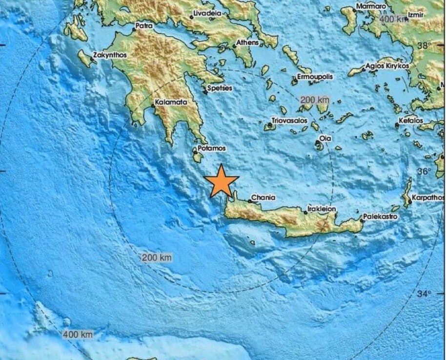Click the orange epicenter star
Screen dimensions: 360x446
tap(222, 181)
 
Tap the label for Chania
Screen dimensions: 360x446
tap(263, 198)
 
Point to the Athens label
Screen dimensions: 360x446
tap(247, 43)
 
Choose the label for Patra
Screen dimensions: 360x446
tap(144, 25)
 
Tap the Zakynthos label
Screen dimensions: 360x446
tap(110, 55)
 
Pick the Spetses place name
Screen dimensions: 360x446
tap(220, 88)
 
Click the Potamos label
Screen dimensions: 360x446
tap(212, 148)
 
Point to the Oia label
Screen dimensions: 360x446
tap(325, 139)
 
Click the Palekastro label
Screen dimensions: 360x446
tap(380, 216)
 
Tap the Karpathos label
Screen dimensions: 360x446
tap(428, 198)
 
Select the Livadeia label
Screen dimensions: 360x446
tap(208, 14)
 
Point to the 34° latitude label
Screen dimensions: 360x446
tap(424, 294)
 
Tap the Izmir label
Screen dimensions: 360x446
tap(418, 15)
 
